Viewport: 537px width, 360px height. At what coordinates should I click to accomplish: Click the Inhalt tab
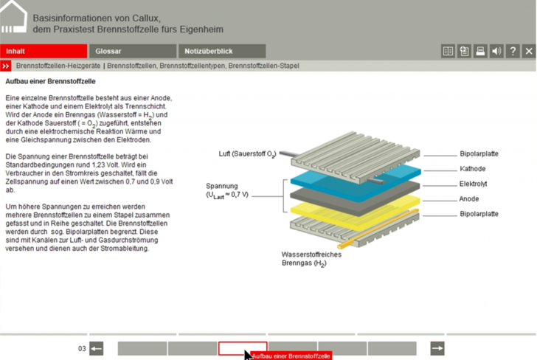click(x=44, y=51)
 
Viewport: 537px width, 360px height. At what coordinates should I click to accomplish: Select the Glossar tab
click(x=132, y=51)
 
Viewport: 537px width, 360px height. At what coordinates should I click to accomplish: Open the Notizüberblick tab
click(x=221, y=51)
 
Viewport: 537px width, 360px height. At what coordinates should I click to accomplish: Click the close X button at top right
click(x=528, y=51)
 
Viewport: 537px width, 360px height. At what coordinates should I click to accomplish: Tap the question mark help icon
click(x=513, y=51)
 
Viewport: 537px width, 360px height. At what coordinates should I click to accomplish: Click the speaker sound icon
click(x=496, y=51)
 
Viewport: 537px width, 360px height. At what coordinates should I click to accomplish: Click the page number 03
click(x=82, y=348)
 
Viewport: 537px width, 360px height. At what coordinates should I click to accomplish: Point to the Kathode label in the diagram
click(x=472, y=169)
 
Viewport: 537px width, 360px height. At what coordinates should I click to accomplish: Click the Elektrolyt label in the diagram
click(x=473, y=184)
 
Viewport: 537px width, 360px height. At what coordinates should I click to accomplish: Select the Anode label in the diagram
click(x=469, y=198)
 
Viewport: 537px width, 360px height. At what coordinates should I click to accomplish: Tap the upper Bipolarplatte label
click(x=479, y=154)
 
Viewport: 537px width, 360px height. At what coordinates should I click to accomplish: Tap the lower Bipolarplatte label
click(x=479, y=214)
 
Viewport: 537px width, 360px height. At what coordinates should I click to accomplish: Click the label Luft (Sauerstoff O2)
click(x=247, y=154)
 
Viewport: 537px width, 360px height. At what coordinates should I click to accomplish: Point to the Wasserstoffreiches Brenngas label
click(x=311, y=259)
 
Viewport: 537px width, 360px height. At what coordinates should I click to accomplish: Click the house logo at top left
click(x=13, y=18)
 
